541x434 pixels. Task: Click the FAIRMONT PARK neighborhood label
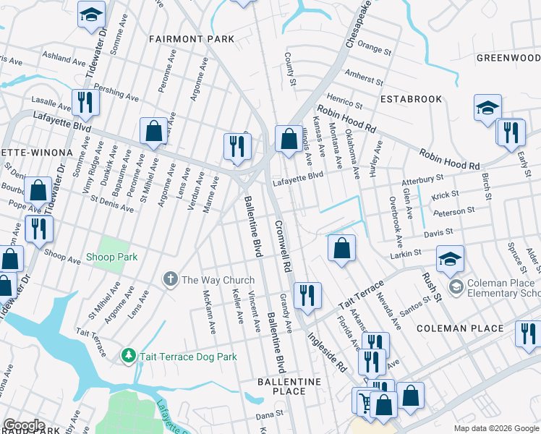coord(192,38)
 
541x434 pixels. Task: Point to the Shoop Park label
coord(111,257)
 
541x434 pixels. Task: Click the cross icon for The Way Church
coord(171,280)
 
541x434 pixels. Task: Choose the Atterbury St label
coord(424,178)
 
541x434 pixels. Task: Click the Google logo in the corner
coord(23,425)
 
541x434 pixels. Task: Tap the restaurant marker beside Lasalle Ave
coord(85,103)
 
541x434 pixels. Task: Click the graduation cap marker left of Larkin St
coord(450,259)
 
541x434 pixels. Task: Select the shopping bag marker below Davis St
coord(341,247)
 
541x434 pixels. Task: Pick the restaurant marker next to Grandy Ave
coord(307,295)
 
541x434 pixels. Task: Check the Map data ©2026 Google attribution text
coord(495,428)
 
